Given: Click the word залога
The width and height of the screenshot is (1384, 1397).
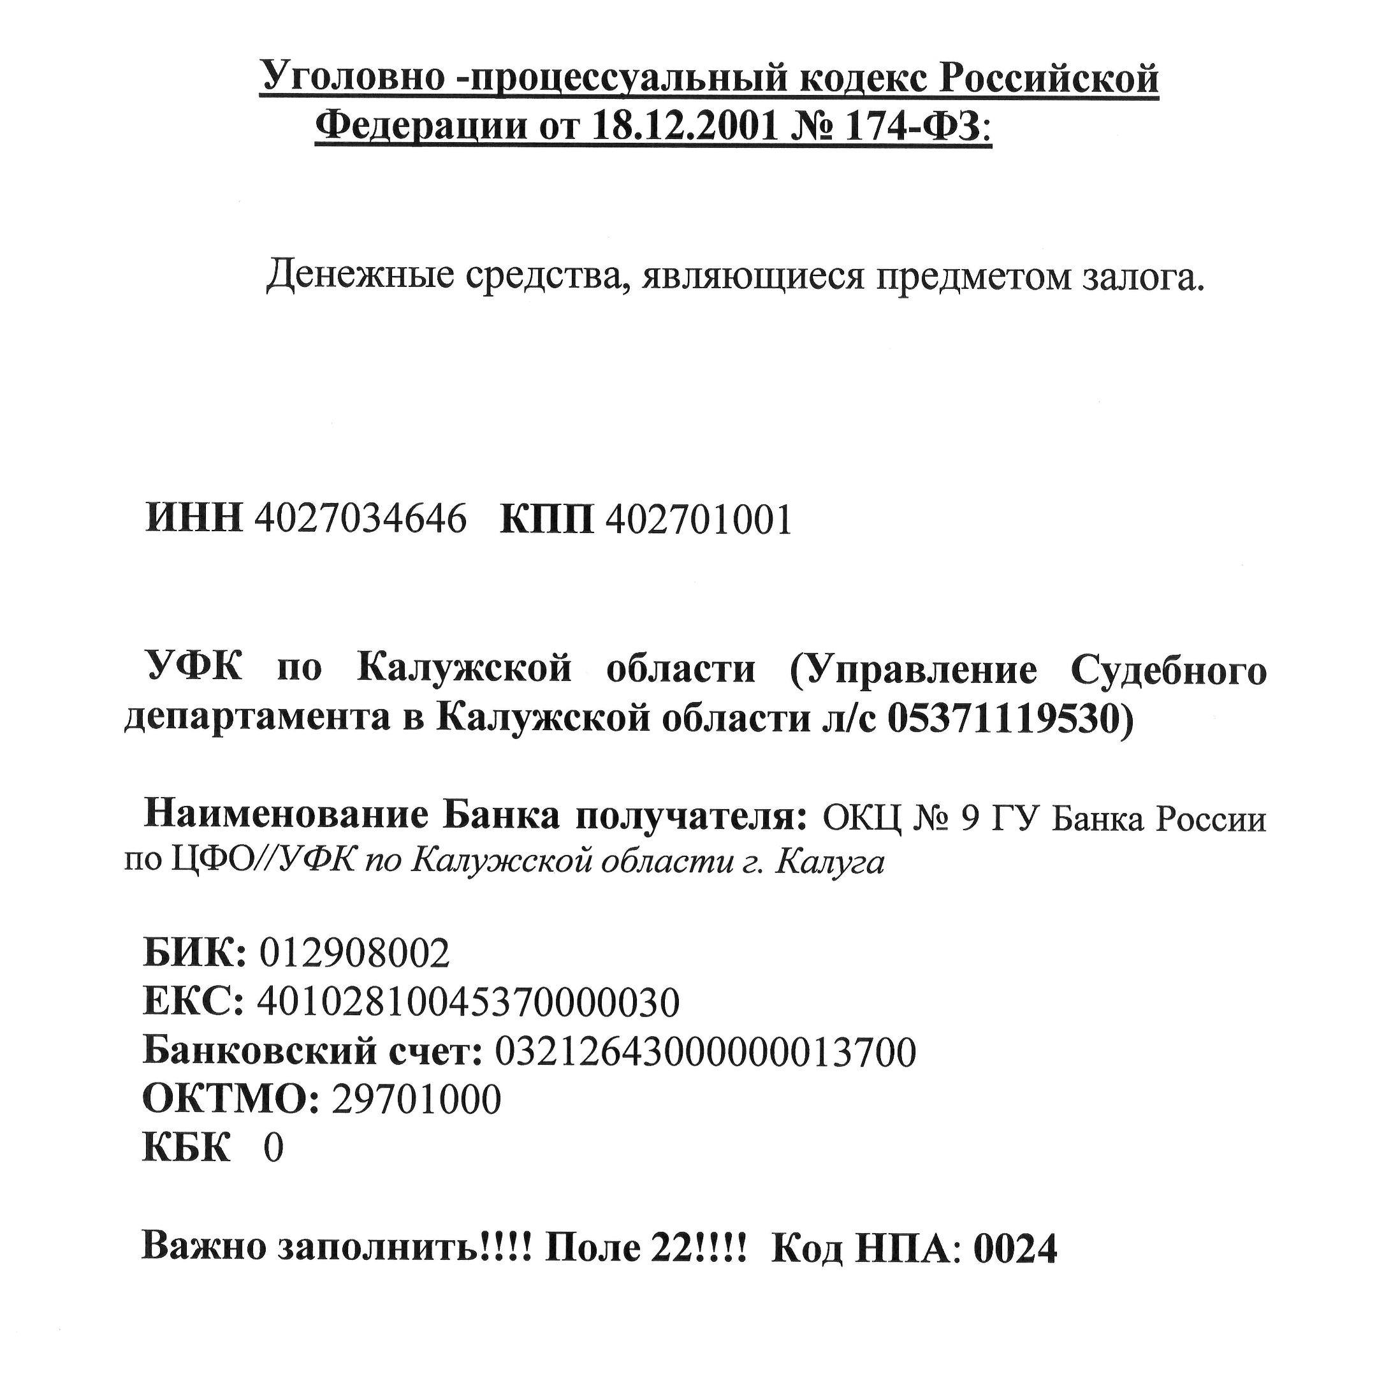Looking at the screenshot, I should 1143,275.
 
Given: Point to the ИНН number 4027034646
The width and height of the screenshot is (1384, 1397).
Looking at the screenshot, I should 360,518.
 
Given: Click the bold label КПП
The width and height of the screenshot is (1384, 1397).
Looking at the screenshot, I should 547,518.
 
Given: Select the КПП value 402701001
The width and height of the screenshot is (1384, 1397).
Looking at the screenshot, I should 699,518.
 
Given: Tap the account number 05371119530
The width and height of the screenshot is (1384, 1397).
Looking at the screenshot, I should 1003,718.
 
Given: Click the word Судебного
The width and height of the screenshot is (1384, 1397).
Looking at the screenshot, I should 1169,669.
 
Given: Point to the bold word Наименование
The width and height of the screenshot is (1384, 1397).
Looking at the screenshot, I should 286,816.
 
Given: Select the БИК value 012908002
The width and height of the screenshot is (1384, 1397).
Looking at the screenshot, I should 354,953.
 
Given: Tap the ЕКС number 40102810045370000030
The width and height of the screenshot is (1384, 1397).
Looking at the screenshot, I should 469,1002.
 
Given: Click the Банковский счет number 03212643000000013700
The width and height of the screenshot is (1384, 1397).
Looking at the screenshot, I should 705,1051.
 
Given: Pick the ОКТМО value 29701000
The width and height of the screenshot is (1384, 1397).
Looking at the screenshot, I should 416,1100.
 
